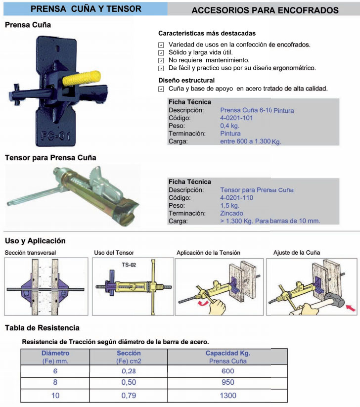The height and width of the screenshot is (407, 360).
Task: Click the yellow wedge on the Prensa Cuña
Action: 82,78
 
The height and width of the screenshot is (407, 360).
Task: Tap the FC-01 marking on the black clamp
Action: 55,136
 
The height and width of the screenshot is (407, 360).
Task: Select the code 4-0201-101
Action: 236,118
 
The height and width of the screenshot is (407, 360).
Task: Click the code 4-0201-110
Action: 236,197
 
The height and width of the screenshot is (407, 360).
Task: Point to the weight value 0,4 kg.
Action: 230,126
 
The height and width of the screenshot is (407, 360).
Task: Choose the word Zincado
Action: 231,213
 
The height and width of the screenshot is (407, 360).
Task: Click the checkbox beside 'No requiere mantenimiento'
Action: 161,60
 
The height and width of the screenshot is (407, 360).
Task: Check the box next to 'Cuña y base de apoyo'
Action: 161,89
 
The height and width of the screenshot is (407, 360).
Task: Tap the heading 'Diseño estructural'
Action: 186,80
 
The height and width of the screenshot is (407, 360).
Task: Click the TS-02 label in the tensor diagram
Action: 129,265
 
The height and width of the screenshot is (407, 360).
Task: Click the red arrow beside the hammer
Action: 351,308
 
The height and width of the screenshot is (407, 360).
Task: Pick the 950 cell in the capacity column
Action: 227,382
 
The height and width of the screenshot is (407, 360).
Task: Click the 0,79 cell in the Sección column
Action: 129,395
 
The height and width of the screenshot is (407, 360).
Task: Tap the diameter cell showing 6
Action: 55,371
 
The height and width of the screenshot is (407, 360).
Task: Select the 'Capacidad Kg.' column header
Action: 227,353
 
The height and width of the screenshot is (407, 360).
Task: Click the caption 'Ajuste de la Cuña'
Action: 297,253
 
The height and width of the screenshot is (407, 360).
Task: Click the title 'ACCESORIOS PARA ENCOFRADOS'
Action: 265,10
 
